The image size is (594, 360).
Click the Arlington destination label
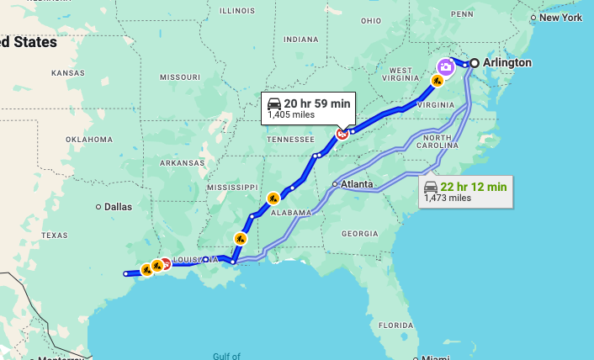coord(508,63)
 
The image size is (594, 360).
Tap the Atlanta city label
coord(357,183)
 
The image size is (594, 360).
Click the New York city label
coord(560,18)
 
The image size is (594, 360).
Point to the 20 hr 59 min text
coord(317,103)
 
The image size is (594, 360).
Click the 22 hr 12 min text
coord(474,186)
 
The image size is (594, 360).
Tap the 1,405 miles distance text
coord(291,115)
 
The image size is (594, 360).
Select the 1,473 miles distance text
coord(448,199)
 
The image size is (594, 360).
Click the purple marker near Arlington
coord(445,66)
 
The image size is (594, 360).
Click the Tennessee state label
coord(290,139)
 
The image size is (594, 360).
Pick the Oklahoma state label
coord(89,139)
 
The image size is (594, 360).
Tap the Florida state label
coord(395,325)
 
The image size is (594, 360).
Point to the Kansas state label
coord(67,73)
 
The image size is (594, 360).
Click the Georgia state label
coord(360,233)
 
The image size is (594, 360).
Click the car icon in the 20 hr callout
coord(274,103)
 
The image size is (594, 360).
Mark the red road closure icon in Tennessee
coord(342,133)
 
